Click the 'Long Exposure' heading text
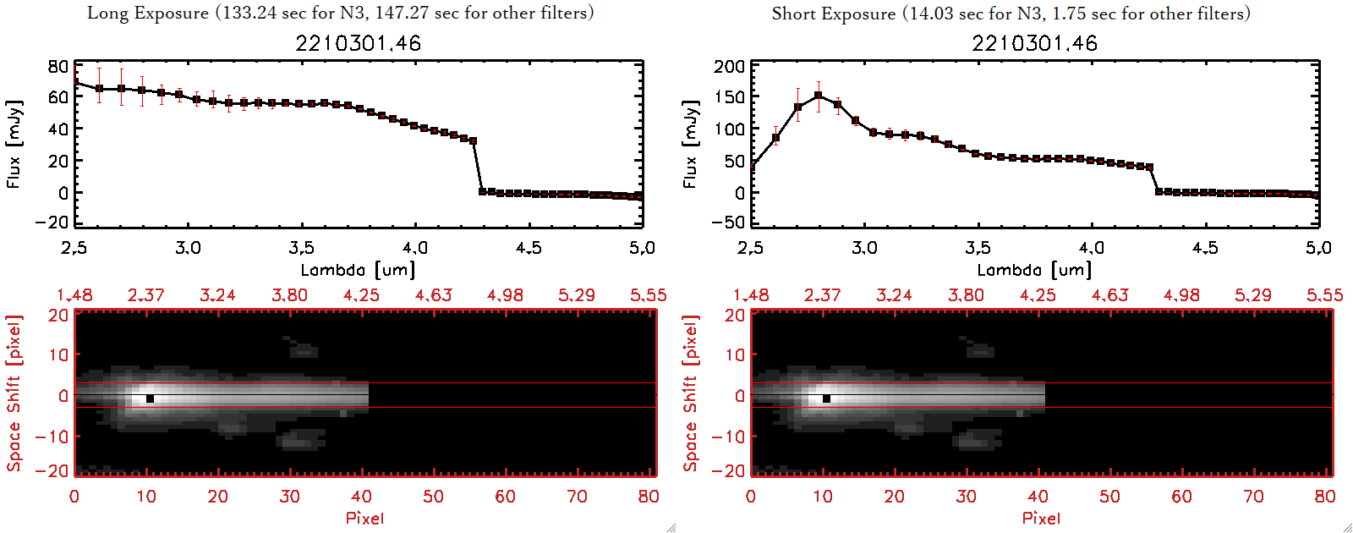point(148,13)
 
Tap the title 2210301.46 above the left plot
point(358,43)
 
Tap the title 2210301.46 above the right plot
point(1034,43)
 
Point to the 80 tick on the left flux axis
point(58,66)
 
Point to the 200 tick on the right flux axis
point(730,66)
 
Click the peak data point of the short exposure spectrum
point(818,96)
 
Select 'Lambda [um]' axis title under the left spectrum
point(358,270)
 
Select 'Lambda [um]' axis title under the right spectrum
point(1034,270)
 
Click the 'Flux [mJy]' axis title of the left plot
point(14,144)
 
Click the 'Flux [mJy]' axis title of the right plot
point(690,144)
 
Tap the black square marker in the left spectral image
point(150,398)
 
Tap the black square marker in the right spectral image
point(826,398)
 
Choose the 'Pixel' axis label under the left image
point(364,518)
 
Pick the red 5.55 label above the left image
point(648,295)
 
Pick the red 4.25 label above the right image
point(1038,295)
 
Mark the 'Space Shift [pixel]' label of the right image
point(690,393)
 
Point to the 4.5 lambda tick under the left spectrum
point(529,248)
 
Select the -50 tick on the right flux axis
point(730,223)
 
